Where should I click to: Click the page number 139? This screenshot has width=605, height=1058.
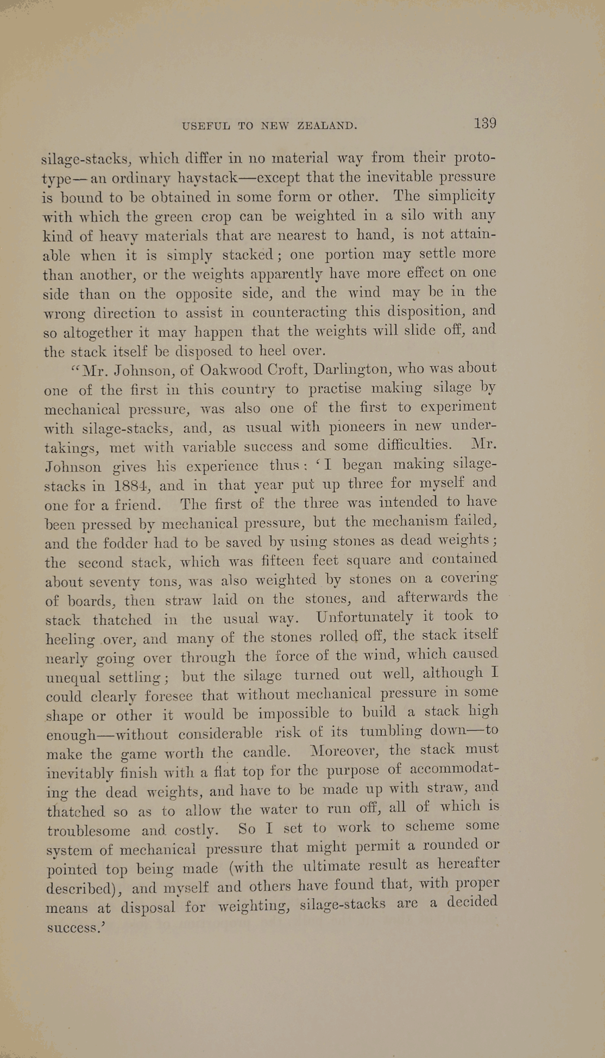click(x=484, y=123)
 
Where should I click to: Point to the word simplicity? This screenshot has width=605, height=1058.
click(x=462, y=196)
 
